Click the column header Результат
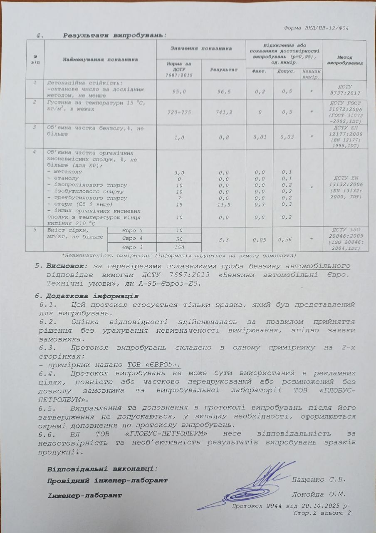click(223, 69)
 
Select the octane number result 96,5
click(223, 91)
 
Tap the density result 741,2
click(223, 113)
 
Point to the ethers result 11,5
click(223, 204)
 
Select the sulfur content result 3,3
click(223, 240)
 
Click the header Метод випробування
click(344, 60)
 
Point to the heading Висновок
click(66, 266)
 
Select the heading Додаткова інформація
click(92, 296)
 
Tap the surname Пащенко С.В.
click(319, 479)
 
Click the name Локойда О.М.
click(319, 495)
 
